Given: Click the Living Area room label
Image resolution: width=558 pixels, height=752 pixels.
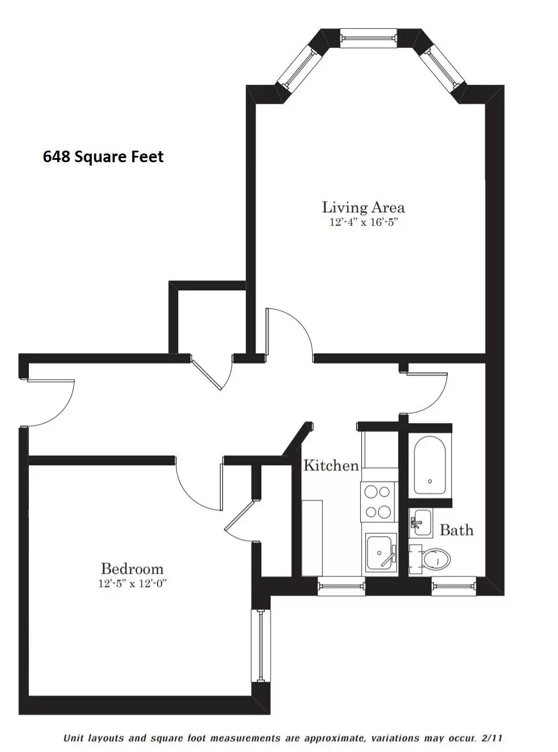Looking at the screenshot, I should coord(363,207).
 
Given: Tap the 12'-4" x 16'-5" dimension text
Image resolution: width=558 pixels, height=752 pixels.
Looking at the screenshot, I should coord(363,222).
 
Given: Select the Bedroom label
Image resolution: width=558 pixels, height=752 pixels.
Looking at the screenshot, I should coord(132,569).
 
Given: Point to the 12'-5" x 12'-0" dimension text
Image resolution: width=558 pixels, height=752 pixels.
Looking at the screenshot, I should coord(132,583).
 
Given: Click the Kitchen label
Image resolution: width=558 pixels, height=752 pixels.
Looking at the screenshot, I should coord(331,465).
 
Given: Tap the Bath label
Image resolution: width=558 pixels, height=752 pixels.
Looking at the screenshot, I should coord(456,530).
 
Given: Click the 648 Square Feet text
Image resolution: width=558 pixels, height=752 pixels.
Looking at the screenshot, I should coord(103,157).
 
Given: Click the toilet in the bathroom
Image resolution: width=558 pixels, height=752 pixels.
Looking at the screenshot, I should coord(433,558).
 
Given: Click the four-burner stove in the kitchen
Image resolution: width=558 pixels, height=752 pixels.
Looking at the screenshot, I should coord(377,502).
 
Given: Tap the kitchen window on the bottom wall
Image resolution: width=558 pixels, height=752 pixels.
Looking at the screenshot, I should coord(341,587).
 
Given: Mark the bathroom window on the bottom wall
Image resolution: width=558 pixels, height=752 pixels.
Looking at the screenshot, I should coord(454,587).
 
